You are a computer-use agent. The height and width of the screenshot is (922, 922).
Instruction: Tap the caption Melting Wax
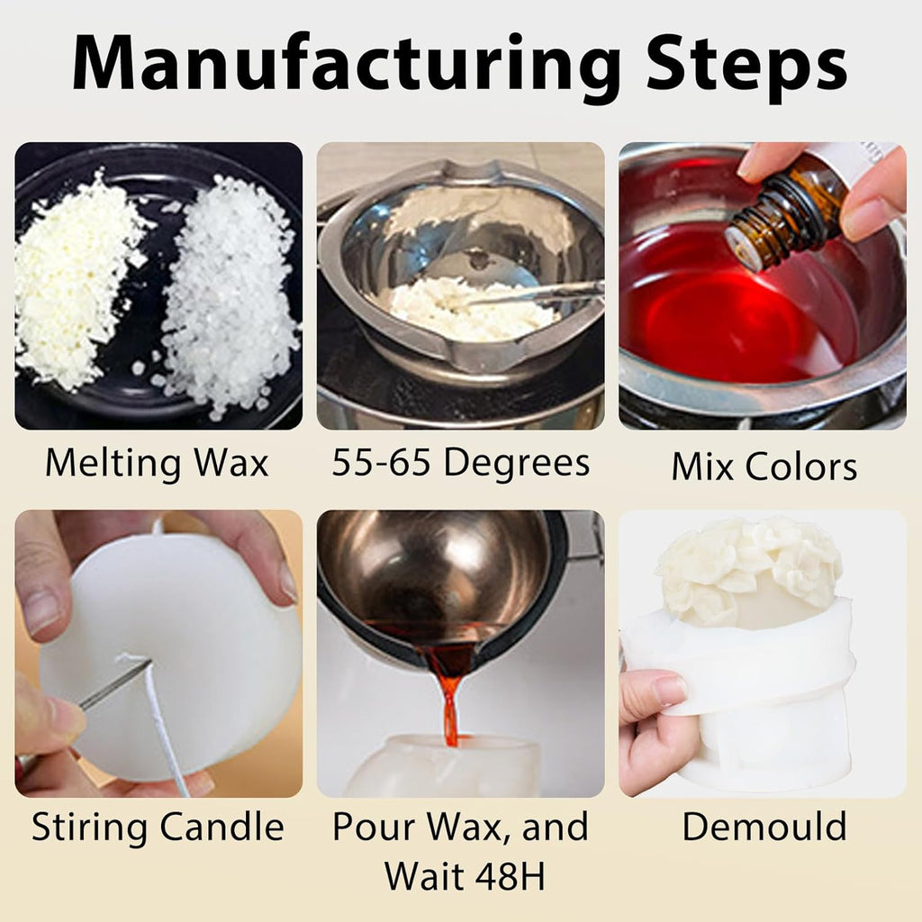(157, 463)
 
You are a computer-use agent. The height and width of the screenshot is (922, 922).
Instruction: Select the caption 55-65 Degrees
(460, 463)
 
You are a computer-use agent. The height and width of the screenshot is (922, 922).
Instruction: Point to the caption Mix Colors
(764, 467)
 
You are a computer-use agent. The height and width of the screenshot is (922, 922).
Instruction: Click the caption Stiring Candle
(158, 827)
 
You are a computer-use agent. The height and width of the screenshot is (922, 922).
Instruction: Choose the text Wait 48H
(464, 874)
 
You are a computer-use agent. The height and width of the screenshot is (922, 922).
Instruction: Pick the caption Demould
(764, 827)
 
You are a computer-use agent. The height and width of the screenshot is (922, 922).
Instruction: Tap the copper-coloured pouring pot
(441, 576)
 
